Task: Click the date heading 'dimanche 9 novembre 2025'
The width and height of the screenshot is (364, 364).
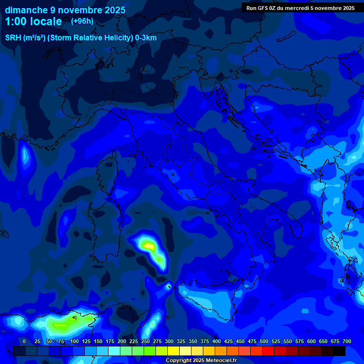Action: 65,10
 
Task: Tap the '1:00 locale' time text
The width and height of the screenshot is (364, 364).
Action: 34,21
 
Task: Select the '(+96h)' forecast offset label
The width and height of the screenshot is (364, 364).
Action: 82,21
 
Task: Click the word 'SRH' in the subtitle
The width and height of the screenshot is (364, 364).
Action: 13,38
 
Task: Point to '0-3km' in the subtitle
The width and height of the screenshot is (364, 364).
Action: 146,38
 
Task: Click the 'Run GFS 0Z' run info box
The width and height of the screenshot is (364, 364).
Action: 300,8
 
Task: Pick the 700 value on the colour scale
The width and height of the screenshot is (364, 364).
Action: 346,341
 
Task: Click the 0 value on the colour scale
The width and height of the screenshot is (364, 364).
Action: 24,341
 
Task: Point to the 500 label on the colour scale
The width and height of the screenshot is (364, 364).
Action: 252,341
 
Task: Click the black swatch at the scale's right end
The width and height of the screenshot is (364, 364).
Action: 339,351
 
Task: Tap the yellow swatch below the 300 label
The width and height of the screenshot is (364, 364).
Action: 173,351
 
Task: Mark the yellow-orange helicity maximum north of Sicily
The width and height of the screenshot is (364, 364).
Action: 149,246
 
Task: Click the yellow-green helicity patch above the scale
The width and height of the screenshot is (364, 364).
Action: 62,326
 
